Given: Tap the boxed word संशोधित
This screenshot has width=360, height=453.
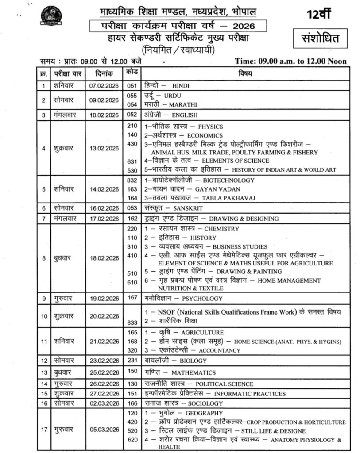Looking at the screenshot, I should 321,39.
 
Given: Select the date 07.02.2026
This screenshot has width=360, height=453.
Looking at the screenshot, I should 104,85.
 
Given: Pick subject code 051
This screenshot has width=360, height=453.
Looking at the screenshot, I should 132,85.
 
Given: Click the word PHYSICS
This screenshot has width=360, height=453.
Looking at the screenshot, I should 210,127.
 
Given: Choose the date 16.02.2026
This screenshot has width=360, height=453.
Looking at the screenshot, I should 104,208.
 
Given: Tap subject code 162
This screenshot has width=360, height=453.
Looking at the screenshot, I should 132,218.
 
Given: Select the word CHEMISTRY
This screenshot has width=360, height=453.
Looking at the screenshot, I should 221,229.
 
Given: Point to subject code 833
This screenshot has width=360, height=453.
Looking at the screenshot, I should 132,323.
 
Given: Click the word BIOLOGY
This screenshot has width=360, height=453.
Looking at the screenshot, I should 193,361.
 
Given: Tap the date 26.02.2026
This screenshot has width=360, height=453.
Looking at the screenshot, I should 104,384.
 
